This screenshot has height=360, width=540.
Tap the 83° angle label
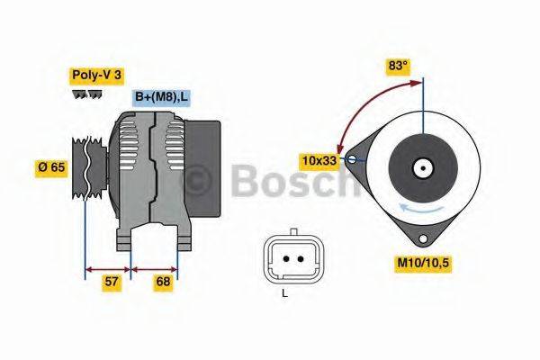399,65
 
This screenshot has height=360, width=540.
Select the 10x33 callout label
319,160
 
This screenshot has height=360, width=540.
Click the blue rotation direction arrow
423,210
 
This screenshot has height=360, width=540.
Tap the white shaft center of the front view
420,167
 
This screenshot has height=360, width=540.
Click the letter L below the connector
284,293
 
